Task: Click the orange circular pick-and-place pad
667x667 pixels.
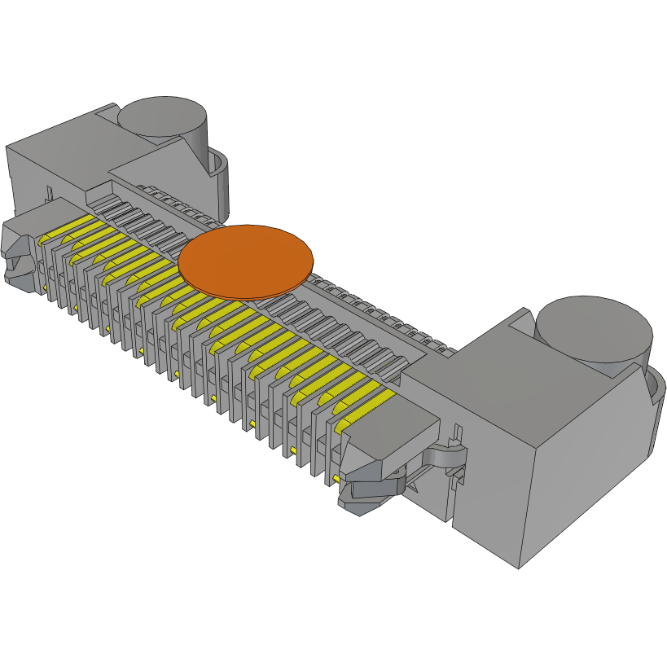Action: tap(246, 257)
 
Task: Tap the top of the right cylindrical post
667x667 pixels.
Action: tap(594, 327)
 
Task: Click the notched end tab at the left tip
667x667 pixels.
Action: tap(18, 252)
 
